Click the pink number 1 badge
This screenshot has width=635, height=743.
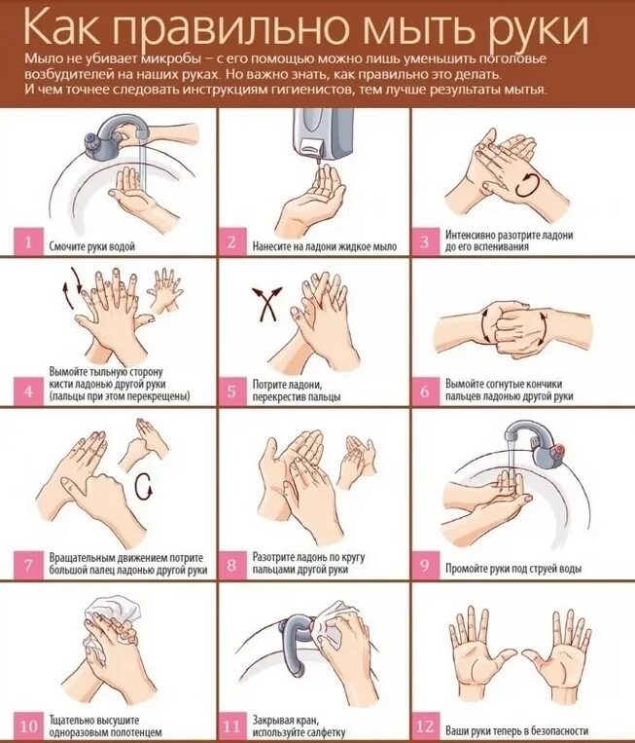pyautogui.click(x=28, y=242)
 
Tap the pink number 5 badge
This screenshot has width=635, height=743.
pyautogui.click(x=231, y=391)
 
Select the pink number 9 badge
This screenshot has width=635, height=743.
pyautogui.click(x=424, y=566)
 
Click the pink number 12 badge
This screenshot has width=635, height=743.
pyautogui.click(x=424, y=726)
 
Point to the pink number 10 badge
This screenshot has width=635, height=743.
pyautogui.click(x=28, y=726)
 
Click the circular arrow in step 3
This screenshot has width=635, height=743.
pyautogui.click(x=527, y=186)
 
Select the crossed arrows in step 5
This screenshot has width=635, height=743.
pyautogui.click(x=266, y=304)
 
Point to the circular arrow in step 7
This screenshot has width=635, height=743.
pyautogui.click(x=143, y=486)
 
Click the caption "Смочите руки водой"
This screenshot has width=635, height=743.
pyautogui.click(x=92, y=246)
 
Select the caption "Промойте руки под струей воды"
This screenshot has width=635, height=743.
pyautogui.click(x=513, y=568)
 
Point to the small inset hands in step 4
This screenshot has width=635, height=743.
pyautogui.click(x=165, y=289)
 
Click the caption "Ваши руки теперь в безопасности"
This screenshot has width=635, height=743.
pyautogui.click(x=516, y=730)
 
